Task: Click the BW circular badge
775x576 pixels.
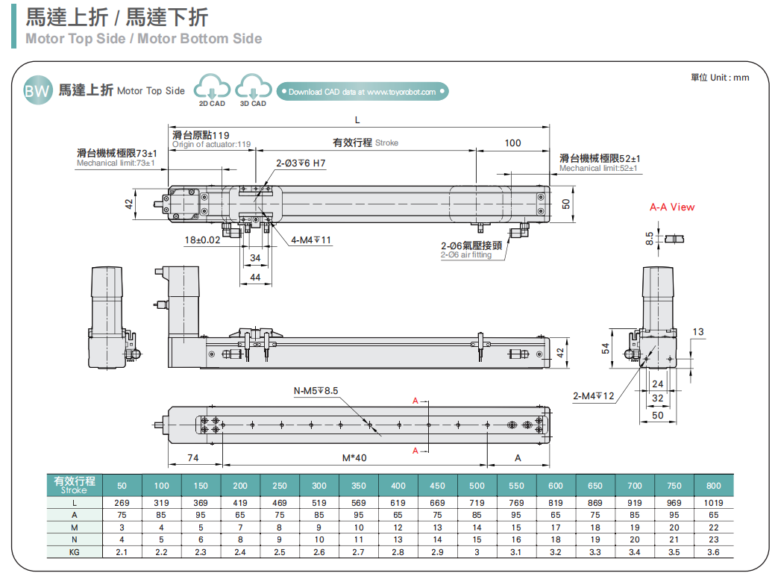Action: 37,90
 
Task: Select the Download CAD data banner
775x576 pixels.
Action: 363,92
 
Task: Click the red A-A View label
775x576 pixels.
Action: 671,207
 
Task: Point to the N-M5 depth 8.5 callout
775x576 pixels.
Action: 316,390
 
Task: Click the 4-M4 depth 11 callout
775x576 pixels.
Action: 312,240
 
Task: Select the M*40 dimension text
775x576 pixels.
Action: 355,457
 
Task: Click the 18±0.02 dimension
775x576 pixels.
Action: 202,240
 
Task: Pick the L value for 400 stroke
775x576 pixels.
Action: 398,503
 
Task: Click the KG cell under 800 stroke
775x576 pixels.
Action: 713,552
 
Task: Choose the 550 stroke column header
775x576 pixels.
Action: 516,485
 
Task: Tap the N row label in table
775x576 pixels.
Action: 74,539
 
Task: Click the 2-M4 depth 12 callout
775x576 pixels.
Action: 594,395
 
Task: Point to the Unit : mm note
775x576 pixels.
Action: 719,78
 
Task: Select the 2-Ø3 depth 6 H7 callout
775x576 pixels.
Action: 301,163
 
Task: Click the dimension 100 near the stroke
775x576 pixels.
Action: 513,143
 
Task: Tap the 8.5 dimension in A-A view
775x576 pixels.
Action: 650,238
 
